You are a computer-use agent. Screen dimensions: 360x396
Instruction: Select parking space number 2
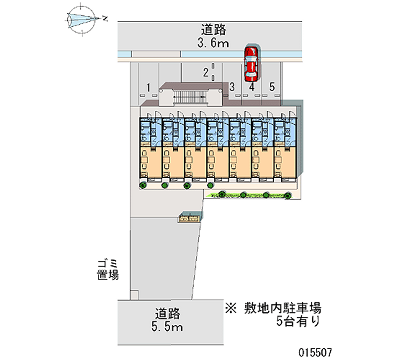[x=205, y=73]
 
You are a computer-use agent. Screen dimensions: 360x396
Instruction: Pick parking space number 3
[x=232, y=88]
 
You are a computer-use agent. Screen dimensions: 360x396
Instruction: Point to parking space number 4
[x=251, y=88]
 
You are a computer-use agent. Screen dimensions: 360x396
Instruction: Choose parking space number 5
[x=272, y=88]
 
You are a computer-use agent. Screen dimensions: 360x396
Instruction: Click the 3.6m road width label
[x=213, y=44]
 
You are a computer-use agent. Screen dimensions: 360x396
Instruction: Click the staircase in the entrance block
[x=190, y=97]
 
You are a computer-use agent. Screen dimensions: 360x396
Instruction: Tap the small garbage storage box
[x=190, y=217]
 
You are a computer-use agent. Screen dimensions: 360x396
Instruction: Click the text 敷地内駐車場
[x=283, y=308]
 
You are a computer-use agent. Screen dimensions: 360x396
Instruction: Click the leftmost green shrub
[x=143, y=185]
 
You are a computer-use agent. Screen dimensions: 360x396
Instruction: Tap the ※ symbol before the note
[x=231, y=308]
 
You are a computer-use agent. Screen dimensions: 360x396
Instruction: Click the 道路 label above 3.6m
[x=213, y=30]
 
